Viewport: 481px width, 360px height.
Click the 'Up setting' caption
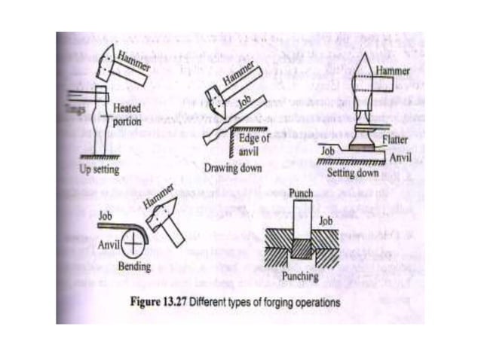(x=100, y=169)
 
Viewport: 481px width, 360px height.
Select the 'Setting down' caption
(x=351, y=171)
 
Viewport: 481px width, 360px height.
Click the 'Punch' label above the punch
(x=302, y=194)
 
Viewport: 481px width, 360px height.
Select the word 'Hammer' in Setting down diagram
(x=393, y=70)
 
